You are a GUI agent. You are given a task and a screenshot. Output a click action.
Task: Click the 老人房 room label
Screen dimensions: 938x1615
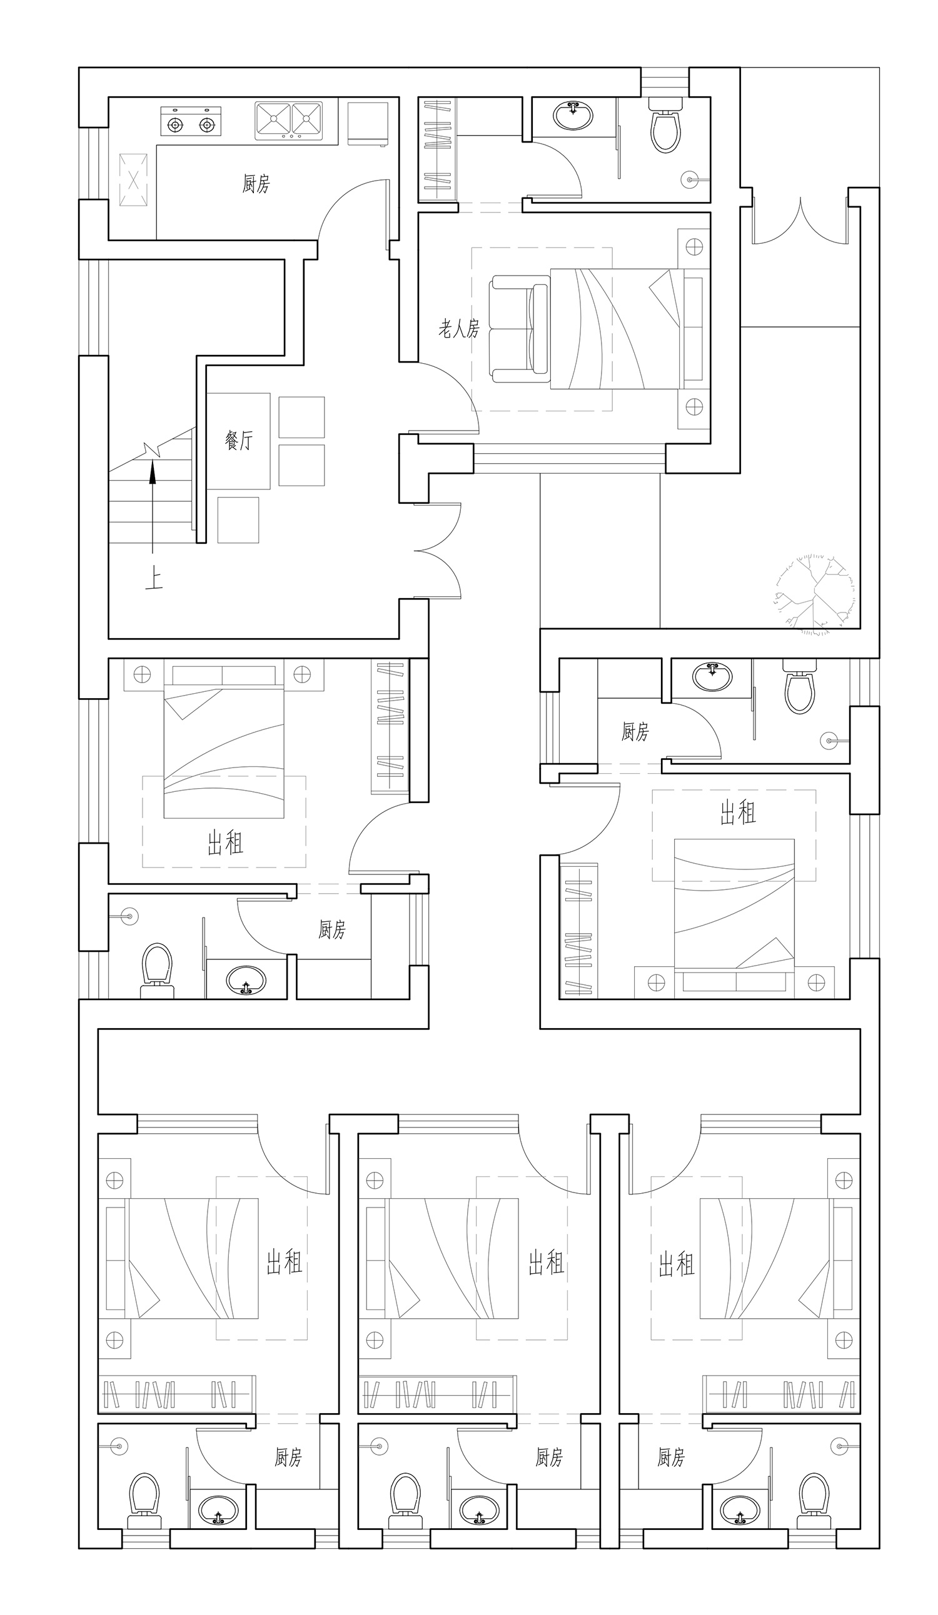coord(458,329)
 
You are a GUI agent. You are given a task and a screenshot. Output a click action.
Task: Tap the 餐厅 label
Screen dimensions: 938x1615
coord(239,439)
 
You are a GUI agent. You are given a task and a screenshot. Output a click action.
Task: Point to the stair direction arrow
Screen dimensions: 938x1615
coord(153,507)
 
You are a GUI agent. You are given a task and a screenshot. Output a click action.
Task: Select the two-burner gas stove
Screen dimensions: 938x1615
coord(191,121)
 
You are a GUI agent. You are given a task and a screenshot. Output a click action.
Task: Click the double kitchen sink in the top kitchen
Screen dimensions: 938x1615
coord(288,121)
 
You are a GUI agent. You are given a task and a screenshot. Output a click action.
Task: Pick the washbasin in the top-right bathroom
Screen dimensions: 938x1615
coord(573,116)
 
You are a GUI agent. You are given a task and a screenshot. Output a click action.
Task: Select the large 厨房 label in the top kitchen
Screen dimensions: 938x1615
coord(256,184)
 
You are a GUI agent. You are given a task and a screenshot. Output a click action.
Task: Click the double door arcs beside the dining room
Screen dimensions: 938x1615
coord(438,551)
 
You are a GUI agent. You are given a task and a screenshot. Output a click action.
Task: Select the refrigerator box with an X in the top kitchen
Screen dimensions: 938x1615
coord(133,180)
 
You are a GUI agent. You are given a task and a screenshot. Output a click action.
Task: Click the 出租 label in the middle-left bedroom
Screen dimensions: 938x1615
coord(225,842)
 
